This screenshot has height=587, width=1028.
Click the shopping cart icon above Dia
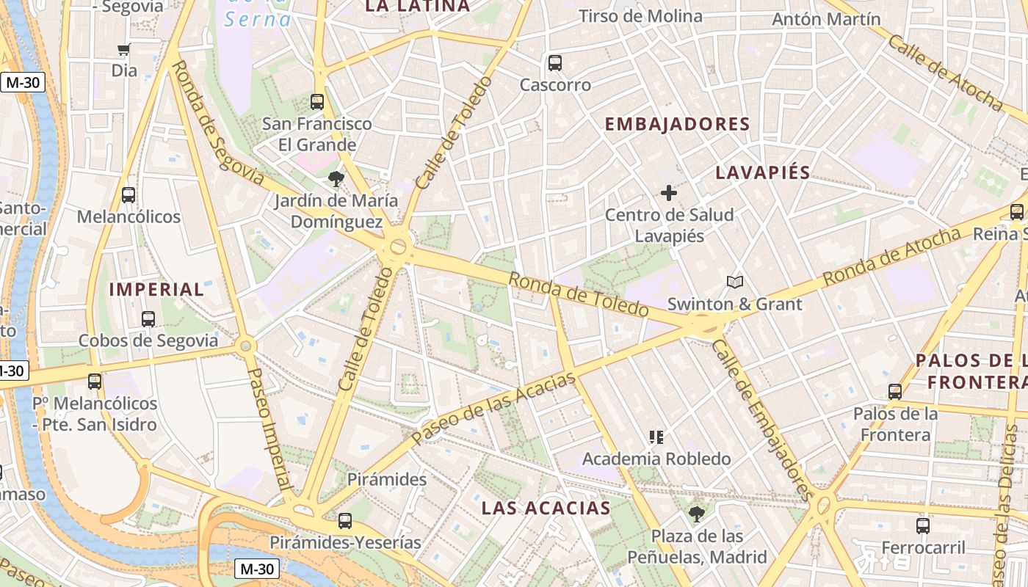[124, 50]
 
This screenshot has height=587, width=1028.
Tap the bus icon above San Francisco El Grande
[317, 102]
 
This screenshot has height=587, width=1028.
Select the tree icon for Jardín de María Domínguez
[336, 178]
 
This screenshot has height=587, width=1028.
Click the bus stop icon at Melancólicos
[128, 195]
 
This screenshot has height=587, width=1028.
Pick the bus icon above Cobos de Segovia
[148, 319]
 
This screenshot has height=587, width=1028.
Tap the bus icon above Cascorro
[555, 63]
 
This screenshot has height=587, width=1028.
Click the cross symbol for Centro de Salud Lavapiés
[669, 193]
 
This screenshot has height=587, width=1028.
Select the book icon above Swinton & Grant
[734, 282]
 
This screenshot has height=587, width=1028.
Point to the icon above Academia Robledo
[656, 437]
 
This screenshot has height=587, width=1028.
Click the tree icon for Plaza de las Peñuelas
[697, 514]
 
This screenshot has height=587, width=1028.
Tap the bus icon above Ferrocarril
[923, 526]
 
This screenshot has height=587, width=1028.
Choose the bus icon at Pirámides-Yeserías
[344, 521]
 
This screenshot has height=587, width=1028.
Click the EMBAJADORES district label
[677, 124]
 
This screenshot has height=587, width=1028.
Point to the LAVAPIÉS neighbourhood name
[762, 173]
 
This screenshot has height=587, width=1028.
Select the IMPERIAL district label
[156, 289]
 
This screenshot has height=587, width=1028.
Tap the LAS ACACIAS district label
[546, 508]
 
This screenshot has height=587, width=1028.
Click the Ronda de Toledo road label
[579, 294]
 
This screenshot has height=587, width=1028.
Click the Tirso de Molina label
[640, 16]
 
